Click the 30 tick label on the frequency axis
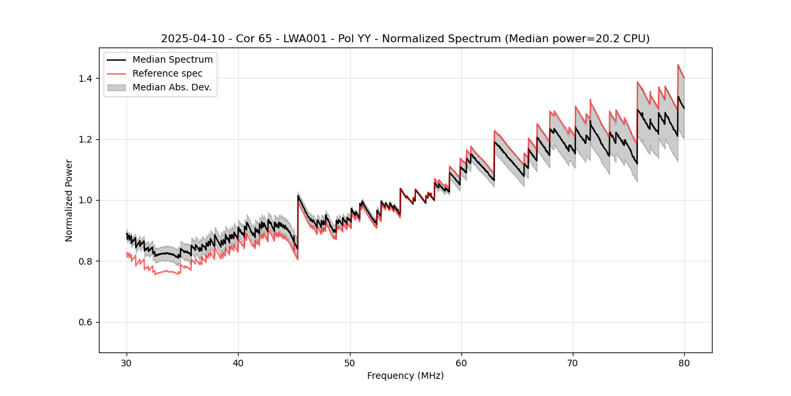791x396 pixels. click(x=127, y=362)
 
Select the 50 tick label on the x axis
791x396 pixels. click(x=349, y=362)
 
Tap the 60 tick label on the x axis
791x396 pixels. click(x=461, y=362)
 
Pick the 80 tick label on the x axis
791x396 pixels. click(x=684, y=362)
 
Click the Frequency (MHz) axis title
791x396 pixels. click(x=405, y=376)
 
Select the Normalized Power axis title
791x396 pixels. click(x=69, y=200)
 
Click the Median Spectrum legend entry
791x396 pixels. click(x=172, y=60)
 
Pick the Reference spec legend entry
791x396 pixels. click(x=167, y=73)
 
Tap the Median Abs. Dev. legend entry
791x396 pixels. click(x=171, y=87)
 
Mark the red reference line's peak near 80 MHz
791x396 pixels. click(x=678, y=65)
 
